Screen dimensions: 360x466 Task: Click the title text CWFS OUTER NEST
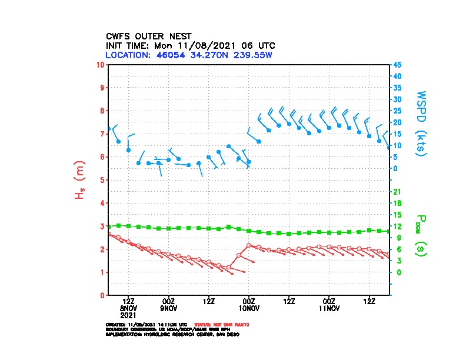(x=148, y=36)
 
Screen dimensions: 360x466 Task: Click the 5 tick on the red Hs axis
(x=102, y=180)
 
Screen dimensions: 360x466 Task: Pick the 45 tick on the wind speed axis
(x=398, y=65)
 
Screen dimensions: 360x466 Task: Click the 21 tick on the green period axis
(x=398, y=192)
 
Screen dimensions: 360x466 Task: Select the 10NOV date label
(x=249, y=308)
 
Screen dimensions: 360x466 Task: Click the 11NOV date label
(x=329, y=308)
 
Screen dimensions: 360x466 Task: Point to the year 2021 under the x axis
(x=128, y=315)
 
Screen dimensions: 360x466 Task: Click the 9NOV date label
(x=168, y=308)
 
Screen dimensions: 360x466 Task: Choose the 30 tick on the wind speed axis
(x=398, y=99)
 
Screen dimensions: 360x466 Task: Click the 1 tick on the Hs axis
(x=102, y=272)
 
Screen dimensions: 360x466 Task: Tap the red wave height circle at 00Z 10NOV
(x=249, y=245)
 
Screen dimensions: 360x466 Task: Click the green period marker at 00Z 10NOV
(x=249, y=231)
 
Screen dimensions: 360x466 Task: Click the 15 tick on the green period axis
(x=398, y=215)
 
